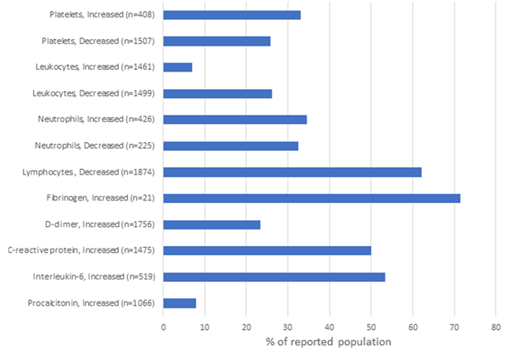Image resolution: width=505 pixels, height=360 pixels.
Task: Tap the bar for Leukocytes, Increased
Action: tap(178, 67)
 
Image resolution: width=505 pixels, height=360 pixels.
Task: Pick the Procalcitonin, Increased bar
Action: tap(179, 303)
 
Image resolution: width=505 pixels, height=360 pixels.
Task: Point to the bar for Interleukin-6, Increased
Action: tap(274, 276)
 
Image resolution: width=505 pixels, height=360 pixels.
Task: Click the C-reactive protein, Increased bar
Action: tap(267, 250)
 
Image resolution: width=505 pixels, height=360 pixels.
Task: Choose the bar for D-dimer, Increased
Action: tap(212, 224)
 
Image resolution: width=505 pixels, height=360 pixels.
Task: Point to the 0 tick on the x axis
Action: tap(164, 325)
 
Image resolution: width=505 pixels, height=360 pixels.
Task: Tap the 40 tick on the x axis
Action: tap(329, 325)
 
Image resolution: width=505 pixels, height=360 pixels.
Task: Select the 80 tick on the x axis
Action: tap(495, 325)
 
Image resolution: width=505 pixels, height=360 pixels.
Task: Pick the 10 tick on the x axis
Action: tap(205, 325)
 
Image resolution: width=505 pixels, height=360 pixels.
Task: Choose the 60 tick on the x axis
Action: tap(412, 325)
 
